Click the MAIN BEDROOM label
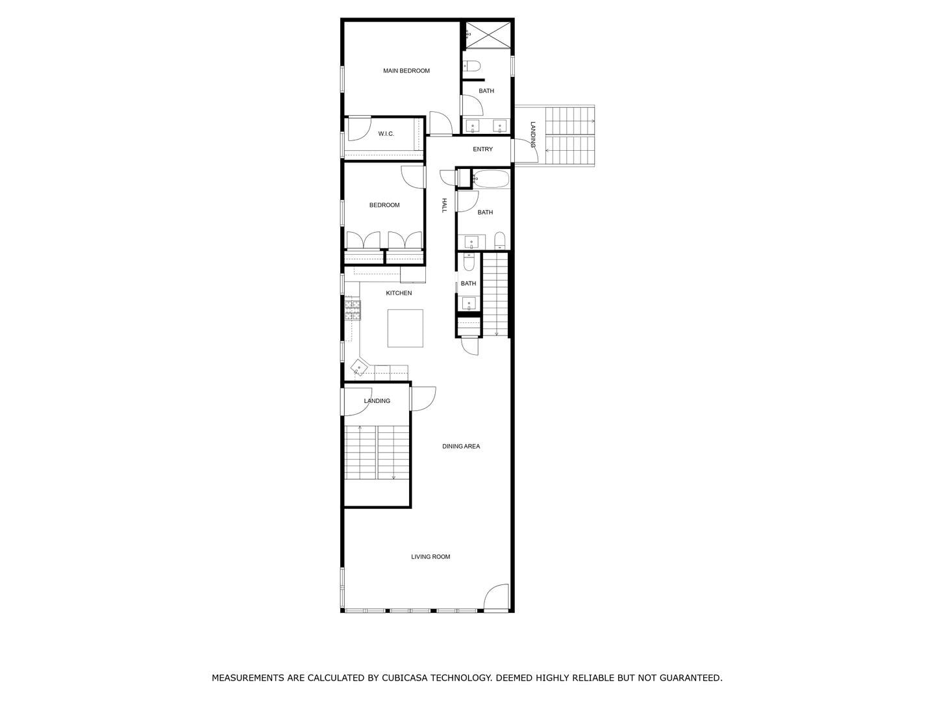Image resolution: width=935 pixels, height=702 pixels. point(406,71)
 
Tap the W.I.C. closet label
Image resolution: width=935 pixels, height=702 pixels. point(386,134)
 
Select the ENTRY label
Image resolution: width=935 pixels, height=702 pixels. point(482,149)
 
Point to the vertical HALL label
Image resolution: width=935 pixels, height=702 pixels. point(445,205)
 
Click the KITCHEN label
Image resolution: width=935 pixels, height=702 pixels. point(399,293)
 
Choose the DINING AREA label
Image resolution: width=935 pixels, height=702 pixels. point(461,447)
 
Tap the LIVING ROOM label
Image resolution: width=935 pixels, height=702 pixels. point(430,557)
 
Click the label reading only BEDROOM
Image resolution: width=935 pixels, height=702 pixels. point(384,205)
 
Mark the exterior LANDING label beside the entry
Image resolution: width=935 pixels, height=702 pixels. point(533,135)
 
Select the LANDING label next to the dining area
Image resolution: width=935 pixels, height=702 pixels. point(377,401)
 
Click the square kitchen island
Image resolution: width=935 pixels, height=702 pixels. point(405,328)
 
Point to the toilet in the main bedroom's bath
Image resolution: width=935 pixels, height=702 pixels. point(471,66)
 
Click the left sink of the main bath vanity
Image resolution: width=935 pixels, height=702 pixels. point(473,126)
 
